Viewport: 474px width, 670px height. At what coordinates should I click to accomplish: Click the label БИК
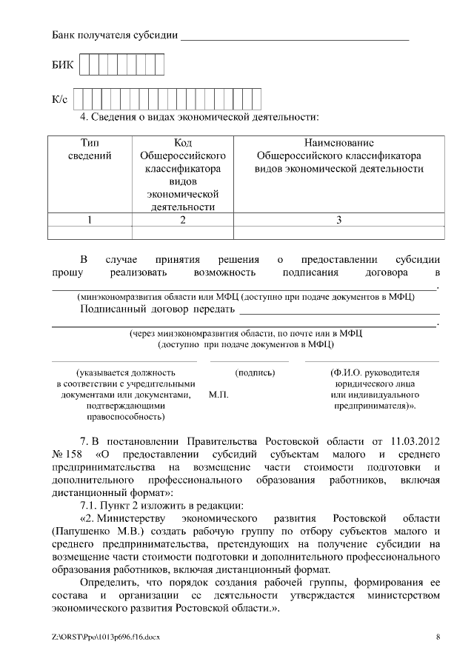pos(62,67)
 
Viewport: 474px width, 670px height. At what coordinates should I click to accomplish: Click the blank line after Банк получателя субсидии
pos(295,36)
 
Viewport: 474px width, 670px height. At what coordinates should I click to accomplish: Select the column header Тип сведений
pos(90,149)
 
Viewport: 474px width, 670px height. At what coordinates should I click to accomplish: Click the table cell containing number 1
pos(90,219)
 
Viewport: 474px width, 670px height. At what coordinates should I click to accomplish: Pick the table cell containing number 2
pos(182,219)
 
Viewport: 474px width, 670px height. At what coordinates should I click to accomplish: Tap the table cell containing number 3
pos(339,219)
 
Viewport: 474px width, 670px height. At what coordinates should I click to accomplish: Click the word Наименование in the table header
pos(339,142)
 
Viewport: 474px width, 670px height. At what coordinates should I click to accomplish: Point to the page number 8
pos(438,637)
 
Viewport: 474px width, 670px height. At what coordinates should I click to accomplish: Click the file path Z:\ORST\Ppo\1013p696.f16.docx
pos(106,637)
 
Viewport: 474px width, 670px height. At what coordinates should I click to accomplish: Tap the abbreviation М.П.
pos(218,395)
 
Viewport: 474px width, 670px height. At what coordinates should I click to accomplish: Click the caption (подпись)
pos(254,372)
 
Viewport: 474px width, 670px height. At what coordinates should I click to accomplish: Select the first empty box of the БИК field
pos(84,66)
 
